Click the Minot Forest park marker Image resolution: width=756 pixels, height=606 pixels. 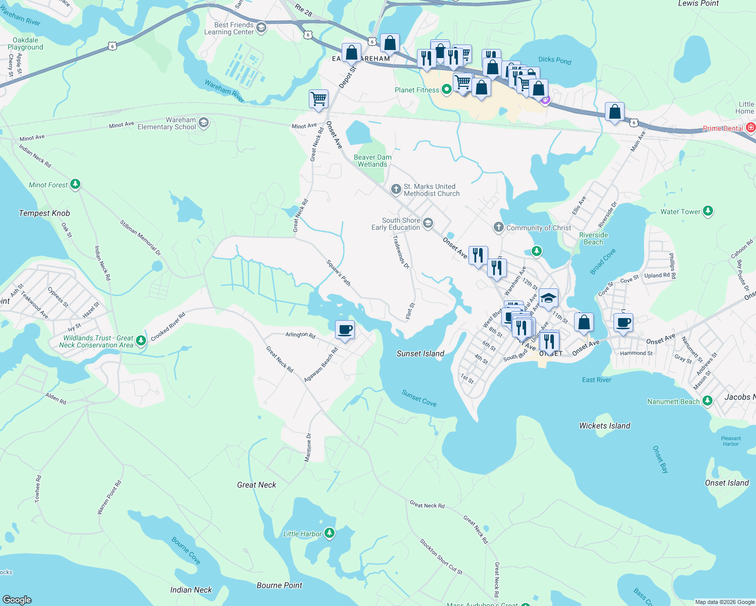click(75, 185)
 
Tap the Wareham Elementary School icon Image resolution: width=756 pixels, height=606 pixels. click(204, 123)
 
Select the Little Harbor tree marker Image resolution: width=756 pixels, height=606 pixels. click(329, 533)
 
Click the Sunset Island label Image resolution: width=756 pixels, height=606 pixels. click(420, 353)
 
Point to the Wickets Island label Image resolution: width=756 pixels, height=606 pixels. click(604, 426)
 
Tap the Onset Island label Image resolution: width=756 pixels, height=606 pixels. click(726, 483)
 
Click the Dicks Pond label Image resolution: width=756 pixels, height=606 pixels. click(554, 60)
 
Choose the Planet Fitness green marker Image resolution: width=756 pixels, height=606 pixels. click(447, 90)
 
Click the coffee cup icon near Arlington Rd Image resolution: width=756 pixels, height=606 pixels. click(345, 330)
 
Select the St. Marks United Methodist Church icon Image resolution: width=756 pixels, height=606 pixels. click(396, 190)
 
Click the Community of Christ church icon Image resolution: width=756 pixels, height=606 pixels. click(499, 227)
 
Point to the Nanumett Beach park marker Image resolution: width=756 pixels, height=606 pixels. click(707, 401)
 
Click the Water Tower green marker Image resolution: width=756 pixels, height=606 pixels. click(708, 211)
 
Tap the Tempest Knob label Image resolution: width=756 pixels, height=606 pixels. click(44, 213)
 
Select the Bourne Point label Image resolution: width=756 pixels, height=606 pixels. click(279, 585)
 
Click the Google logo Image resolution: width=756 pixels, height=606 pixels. click(17, 599)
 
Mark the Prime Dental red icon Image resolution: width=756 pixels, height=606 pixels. click(751, 128)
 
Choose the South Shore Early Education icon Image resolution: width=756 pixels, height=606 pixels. click(428, 223)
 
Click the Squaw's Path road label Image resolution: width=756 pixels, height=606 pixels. click(338, 273)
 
